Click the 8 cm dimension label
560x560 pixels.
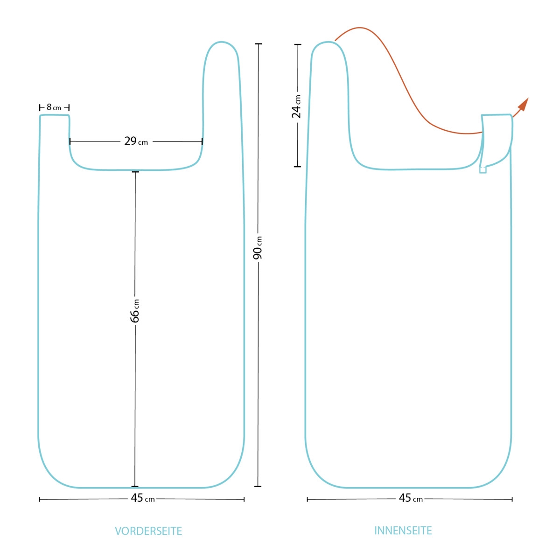54,107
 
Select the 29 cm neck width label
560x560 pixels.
136,141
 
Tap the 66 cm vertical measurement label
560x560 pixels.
135,311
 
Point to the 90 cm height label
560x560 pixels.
258,248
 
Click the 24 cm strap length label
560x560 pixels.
296,106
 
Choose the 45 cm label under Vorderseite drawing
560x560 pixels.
143,506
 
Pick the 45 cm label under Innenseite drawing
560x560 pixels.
411,506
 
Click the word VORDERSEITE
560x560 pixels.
148,531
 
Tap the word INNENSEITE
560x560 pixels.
403,531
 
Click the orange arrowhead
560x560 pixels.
524,104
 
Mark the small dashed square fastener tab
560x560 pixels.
483,170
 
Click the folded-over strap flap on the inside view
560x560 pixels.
497,140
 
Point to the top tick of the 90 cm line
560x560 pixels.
259,44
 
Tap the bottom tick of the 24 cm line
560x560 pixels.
297,167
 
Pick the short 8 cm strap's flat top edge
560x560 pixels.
54,115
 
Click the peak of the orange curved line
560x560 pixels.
360,28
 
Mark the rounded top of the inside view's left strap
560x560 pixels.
329,42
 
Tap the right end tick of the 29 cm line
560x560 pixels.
202,141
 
